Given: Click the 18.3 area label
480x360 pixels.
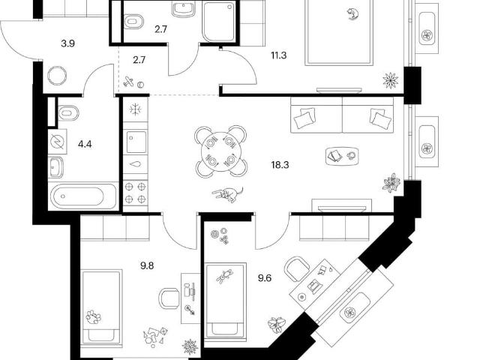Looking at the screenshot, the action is (x=280, y=165).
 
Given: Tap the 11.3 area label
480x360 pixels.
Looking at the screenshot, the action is (x=278, y=55).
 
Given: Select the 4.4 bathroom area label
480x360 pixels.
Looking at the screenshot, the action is (x=85, y=144).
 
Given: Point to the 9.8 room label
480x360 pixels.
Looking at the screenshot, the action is (x=147, y=265).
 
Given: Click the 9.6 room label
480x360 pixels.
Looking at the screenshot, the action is (x=265, y=278).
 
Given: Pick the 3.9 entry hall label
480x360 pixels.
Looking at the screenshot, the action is (x=67, y=43).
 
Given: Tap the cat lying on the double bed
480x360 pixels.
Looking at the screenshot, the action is (x=352, y=13).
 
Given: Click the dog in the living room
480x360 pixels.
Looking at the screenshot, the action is (x=228, y=194).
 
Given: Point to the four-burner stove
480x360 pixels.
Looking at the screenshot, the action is (x=135, y=193).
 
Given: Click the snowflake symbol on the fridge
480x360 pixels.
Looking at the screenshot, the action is (x=135, y=109).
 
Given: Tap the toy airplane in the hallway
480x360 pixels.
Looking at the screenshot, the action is (x=129, y=82).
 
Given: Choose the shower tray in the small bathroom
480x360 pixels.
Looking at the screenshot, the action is (x=219, y=22).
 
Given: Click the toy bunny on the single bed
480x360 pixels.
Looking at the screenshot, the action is (x=224, y=276).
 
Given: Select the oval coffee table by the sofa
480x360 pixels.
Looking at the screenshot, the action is (x=342, y=156).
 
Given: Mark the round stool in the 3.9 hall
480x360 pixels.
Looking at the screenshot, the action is (x=57, y=75).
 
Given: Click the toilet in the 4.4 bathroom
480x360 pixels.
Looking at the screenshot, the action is (x=68, y=113).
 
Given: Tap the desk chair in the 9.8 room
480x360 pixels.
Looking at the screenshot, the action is (x=169, y=298).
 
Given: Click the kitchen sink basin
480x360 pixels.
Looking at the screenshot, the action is (x=136, y=142).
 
